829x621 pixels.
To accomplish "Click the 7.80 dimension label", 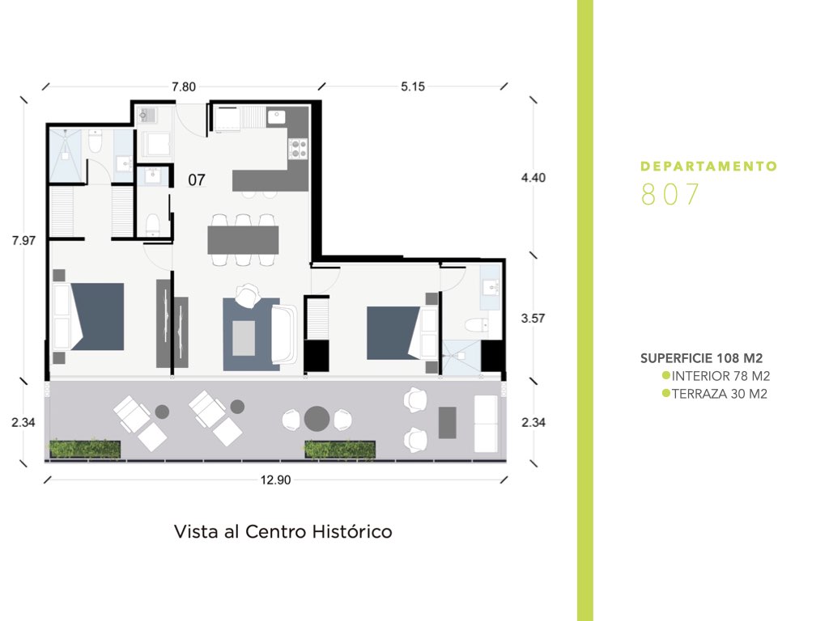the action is point(184,87).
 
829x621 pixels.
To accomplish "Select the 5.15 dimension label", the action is point(412,87).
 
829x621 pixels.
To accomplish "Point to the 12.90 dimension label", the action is point(275,480).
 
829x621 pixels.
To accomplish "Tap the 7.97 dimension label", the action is point(23,241).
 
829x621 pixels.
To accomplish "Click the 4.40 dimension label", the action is point(533,178).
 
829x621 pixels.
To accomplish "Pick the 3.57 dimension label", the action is point(533,319).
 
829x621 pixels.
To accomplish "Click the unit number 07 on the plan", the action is point(197,180).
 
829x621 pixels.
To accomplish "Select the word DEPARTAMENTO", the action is point(708,167).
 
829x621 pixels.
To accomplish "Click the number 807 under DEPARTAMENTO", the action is point(670,194).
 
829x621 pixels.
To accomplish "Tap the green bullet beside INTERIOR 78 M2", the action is point(666,375).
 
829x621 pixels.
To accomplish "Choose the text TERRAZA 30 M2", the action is point(720,394).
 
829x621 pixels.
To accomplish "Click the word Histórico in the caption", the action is point(351,531).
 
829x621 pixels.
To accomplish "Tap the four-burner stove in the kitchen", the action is point(298,149).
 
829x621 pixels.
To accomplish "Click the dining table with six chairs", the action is point(243,240).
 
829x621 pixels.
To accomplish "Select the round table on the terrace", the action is point(317,420).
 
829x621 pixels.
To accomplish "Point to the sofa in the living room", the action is point(284,334).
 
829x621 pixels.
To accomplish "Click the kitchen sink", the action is point(276,117).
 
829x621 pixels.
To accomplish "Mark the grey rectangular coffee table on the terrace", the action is point(447,422).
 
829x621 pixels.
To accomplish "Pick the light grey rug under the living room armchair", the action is point(244,338).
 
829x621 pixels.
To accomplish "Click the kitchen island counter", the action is point(270,180).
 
